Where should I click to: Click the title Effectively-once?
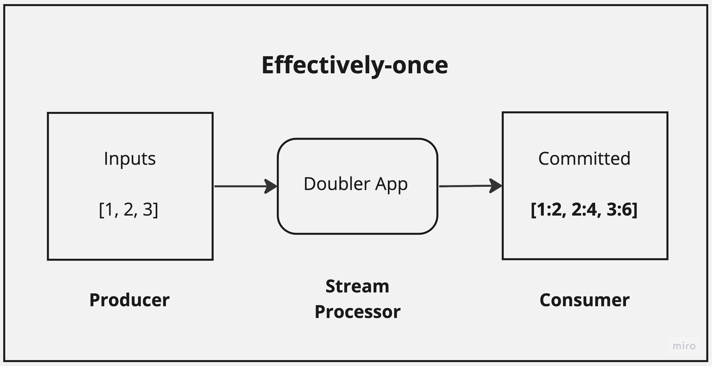click(355, 65)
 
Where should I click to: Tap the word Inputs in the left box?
click(130, 159)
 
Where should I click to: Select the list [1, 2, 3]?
click(129, 209)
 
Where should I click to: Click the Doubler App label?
click(355, 184)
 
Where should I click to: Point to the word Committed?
click(584, 159)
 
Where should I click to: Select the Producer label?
click(129, 300)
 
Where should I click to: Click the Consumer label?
click(585, 300)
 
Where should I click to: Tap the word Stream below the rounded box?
click(357, 286)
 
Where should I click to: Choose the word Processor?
click(357, 312)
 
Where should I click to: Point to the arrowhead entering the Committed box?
click(496, 186)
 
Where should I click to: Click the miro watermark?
click(684, 346)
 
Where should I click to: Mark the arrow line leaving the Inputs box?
click(239, 186)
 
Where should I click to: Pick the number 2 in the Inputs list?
click(129, 209)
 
